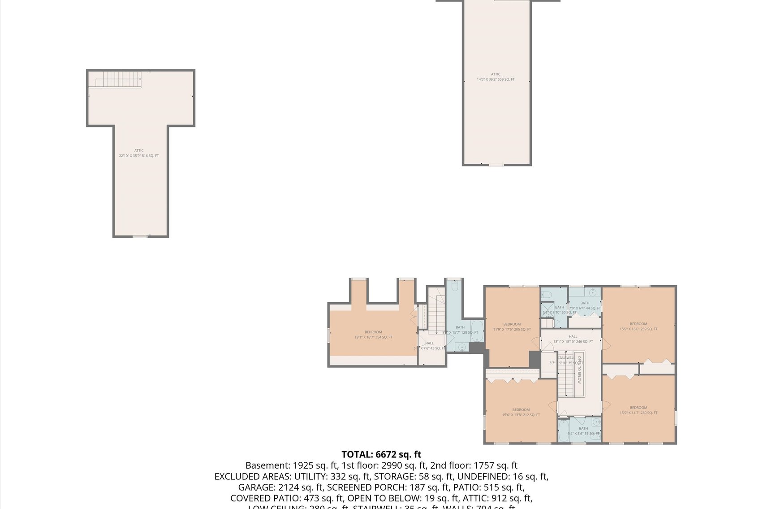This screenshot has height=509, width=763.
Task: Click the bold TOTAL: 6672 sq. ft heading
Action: [x=381, y=454]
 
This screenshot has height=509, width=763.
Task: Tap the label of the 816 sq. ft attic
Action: [x=139, y=153]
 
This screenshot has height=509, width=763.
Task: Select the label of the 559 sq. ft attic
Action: [x=496, y=77]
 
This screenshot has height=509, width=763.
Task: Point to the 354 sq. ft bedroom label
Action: [x=373, y=335]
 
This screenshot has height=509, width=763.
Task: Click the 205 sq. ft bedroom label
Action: [x=512, y=326]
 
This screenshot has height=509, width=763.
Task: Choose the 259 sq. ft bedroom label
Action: [x=638, y=326]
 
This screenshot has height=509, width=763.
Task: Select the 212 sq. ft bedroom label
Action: [x=521, y=412]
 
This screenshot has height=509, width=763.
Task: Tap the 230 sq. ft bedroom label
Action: [x=638, y=410]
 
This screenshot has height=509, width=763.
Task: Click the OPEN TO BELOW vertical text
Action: [x=579, y=370]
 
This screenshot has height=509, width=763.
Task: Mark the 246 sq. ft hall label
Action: [x=573, y=339]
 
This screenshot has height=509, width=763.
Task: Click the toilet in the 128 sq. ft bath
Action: [x=455, y=285]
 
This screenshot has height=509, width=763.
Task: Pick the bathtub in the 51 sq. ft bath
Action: [x=564, y=431]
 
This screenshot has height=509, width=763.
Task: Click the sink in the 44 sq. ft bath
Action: [x=592, y=292]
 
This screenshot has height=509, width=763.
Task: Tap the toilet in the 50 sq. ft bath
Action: [x=546, y=295]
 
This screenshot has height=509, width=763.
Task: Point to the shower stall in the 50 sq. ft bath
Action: [x=547, y=309]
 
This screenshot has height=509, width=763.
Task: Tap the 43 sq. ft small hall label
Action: [x=429, y=345]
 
